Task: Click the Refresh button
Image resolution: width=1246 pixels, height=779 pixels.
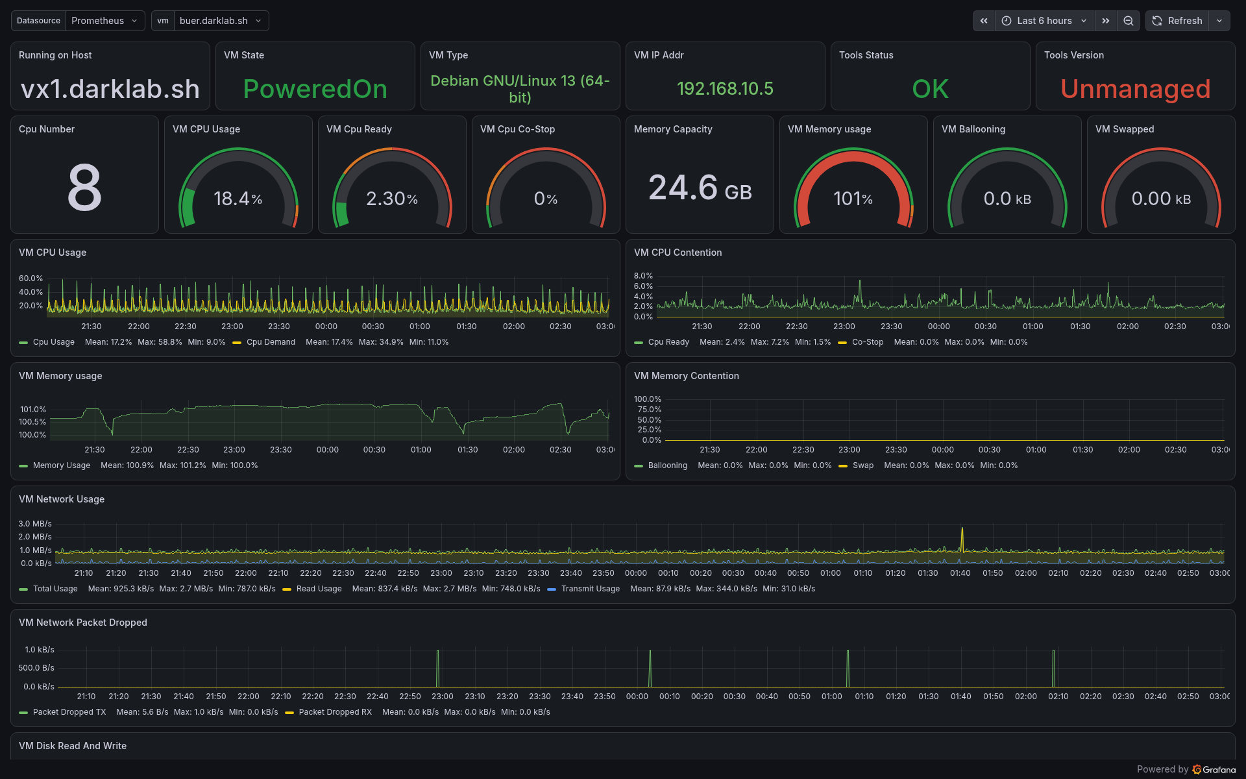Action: coord(1177,21)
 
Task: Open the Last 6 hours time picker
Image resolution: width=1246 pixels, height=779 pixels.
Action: coord(1044,21)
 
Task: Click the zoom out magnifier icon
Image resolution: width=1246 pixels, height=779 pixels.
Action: coord(1129,21)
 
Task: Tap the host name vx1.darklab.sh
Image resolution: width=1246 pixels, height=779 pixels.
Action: coord(110,89)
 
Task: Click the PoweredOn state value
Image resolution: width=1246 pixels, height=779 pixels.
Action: coord(315,89)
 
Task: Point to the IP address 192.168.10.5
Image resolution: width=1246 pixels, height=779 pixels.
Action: coord(725,89)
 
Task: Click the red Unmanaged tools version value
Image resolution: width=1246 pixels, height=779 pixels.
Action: coord(1136,89)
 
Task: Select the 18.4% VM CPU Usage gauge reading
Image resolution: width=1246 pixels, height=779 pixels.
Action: coord(238,199)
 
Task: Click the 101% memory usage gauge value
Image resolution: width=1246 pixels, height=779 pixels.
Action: coord(853,199)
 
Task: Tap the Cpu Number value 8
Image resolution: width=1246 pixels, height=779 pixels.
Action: coord(85,188)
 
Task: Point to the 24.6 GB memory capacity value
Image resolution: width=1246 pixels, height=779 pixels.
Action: coord(700,188)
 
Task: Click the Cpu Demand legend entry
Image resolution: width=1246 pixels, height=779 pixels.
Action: coord(271,342)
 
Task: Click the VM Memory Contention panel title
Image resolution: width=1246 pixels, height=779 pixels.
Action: coord(686,376)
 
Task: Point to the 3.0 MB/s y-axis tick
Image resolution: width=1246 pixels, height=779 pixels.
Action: coord(35,524)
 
